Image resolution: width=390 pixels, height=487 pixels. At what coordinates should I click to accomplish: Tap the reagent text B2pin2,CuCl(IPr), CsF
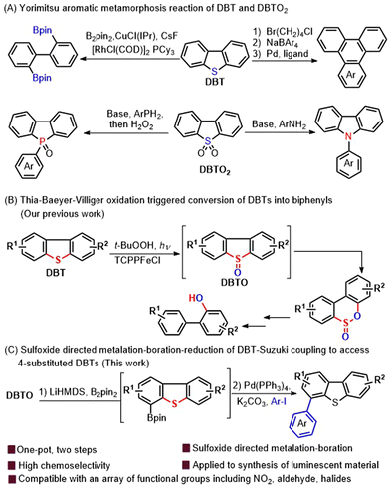tap(123, 37)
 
